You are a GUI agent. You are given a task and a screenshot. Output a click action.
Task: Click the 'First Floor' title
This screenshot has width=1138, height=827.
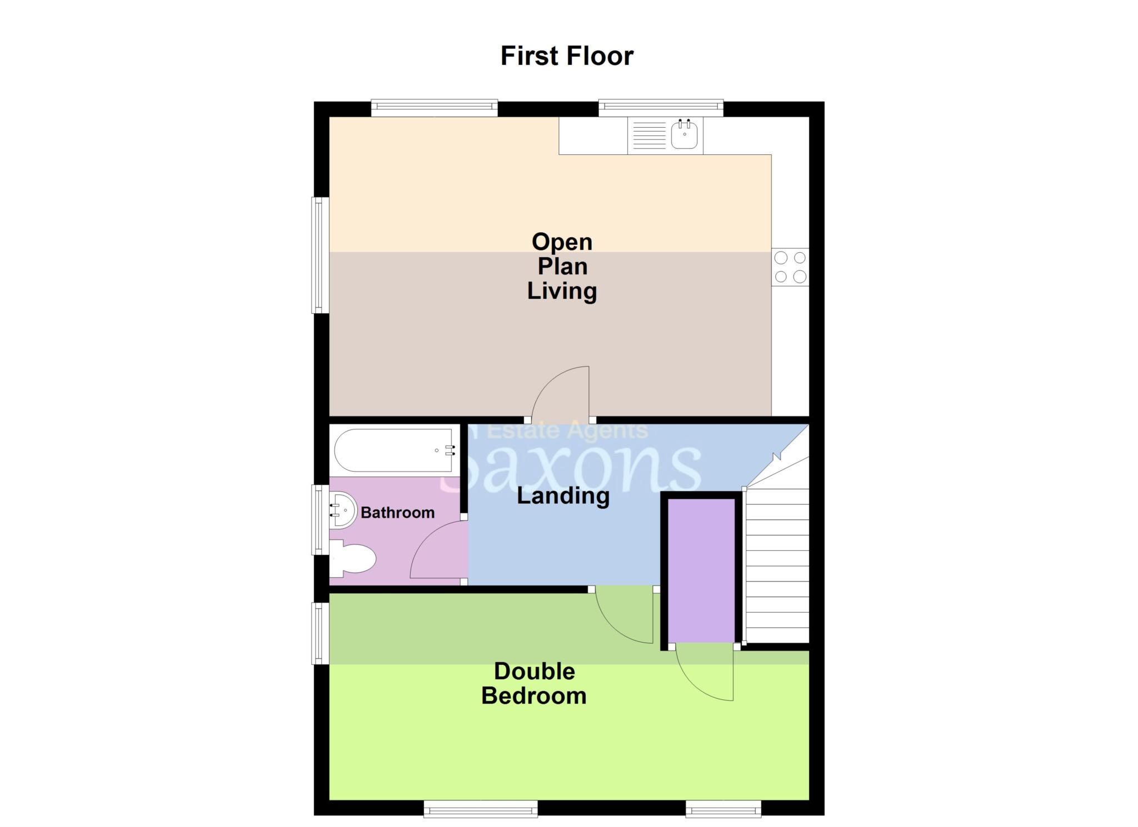[x=567, y=56]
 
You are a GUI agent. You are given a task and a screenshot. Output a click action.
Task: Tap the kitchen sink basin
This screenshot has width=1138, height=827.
[x=684, y=135]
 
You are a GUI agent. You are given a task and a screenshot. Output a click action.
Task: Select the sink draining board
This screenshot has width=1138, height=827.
[x=649, y=135]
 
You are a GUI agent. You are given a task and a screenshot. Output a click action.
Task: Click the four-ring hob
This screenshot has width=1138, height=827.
[x=790, y=267]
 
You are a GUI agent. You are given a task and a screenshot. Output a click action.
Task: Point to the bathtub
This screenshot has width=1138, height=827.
[x=395, y=450]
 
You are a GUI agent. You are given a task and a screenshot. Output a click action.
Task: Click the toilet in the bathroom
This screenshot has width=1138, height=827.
[x=353, y=559]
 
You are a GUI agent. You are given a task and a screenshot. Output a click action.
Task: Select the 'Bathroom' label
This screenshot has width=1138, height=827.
[x=397, y=513]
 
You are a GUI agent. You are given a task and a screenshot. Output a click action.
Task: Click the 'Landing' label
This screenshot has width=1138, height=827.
[x=563, y=496]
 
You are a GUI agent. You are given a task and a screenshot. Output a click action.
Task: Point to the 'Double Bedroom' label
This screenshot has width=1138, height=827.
[x=534, y=684]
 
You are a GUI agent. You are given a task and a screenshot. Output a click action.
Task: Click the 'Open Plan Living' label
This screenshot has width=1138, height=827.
[x=562, y=266]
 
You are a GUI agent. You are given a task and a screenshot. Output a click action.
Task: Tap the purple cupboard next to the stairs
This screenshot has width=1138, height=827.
[x=701, y=570]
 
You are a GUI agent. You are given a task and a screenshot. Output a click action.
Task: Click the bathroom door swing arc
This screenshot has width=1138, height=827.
[x=436, y=550]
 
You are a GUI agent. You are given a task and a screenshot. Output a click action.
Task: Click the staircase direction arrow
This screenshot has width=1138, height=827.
[x=777, y=457]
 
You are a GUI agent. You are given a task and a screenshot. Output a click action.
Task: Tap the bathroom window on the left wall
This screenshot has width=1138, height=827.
[x=320, y=520]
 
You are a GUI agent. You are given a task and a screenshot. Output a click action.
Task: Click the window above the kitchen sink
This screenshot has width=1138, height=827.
[x=661, y=107]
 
